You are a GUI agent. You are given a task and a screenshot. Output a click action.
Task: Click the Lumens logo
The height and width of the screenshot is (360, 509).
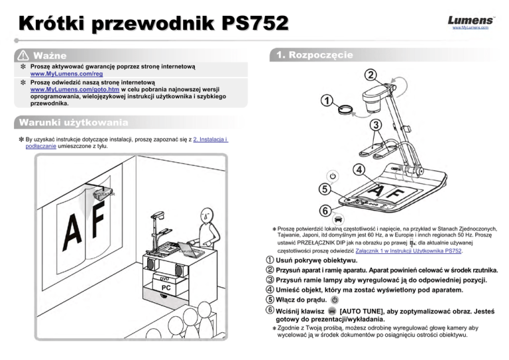471,21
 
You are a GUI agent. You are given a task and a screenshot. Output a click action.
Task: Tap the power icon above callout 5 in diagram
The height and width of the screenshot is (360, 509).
333,175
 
